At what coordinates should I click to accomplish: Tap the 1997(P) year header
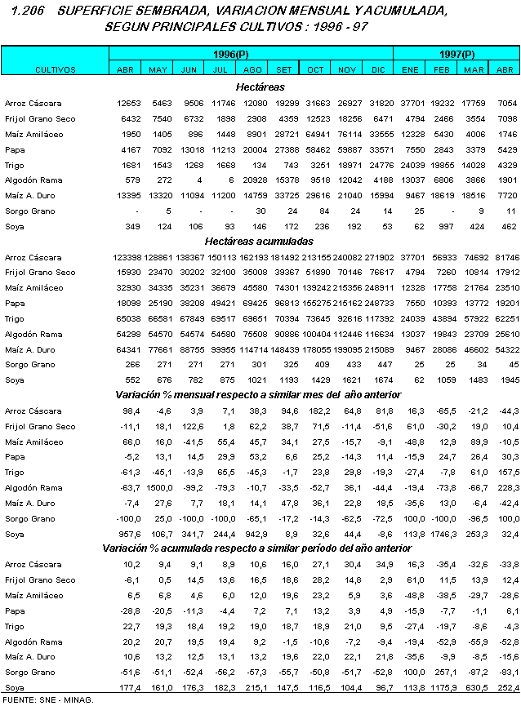(456, 54)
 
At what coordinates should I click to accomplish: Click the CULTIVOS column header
(55, 70)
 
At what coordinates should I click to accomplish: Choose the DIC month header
(377, 70)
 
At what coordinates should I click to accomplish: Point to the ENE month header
(410, 70)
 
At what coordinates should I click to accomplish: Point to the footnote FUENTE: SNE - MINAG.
(47, 699)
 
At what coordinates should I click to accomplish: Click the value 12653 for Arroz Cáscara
(129, 104)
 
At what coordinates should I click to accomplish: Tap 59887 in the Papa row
(348, 149)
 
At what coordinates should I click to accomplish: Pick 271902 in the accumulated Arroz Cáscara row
(377, 258)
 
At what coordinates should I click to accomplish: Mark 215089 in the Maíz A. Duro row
(377, 350)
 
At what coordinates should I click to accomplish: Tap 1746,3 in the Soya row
(441, 534)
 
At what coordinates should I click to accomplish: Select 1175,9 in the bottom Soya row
(441, 688)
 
